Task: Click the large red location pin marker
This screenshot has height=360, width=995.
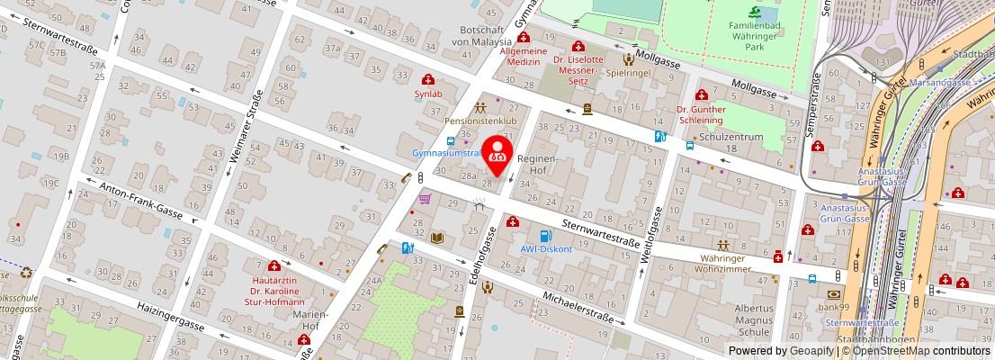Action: (497, 150)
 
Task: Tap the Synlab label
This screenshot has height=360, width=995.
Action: (427, 94)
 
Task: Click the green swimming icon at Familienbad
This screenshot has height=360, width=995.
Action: (754, 12)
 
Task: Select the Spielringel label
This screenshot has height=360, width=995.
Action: (628, 72)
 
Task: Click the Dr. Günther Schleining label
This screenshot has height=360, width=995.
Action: (700, 114)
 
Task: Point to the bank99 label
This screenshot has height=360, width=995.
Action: (833, 308)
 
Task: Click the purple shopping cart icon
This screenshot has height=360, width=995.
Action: (425, 199)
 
